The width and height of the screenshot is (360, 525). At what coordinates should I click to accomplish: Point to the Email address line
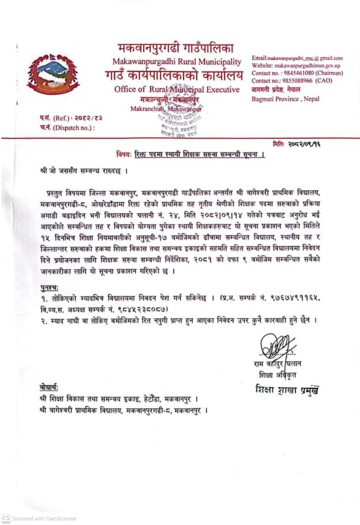pos(298,58)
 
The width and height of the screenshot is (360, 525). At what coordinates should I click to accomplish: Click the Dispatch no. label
pos(64,127)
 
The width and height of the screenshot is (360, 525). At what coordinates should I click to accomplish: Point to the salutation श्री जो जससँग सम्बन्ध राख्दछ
pos(84,171)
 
